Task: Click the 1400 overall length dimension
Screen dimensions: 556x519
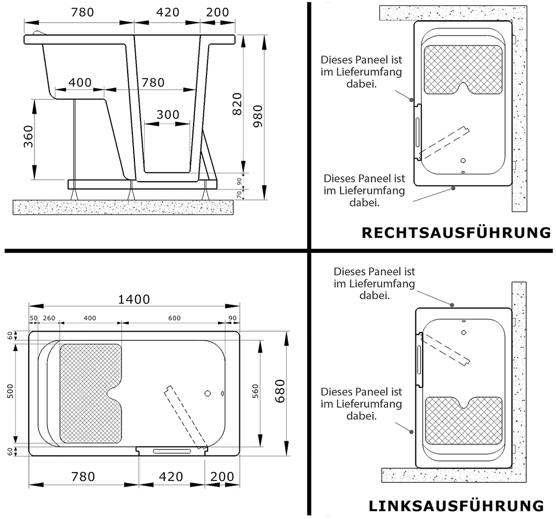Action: [x=134, y=300]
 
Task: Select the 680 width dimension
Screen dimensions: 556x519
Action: [x=280, y=391]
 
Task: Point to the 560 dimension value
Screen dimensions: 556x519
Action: [x=256, y=391]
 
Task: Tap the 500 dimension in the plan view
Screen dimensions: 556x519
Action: [x=10, y=391]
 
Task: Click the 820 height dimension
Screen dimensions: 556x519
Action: [x=237, y=104]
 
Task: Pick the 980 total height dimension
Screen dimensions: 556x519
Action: [x=258, y=116]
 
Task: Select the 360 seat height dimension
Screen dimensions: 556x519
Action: [x=28, y=136]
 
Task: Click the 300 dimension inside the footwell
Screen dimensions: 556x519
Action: [x=168, y=115]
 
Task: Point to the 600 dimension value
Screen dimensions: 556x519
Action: [x=175, y=318]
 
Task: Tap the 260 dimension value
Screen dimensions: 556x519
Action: [x=49, y=318]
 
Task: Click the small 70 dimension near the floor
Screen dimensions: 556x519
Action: [x=239, y=195]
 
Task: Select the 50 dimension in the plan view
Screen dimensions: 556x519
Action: [x=33, y=318]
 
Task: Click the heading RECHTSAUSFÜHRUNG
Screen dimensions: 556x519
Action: [x=456, y=233]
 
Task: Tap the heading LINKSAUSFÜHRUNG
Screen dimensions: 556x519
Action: [x=456, y=506]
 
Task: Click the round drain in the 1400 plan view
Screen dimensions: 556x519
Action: [x=208, y=393]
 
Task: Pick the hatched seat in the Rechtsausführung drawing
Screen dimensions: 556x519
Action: [x=463, y=70]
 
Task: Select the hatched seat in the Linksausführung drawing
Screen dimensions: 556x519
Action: [x=463, y=421]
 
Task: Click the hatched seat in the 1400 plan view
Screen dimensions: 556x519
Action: [x=91, y=393]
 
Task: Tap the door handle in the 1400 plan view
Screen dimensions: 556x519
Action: [x=172, y=451]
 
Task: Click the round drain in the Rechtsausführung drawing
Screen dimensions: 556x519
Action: [x=463, y=161]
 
